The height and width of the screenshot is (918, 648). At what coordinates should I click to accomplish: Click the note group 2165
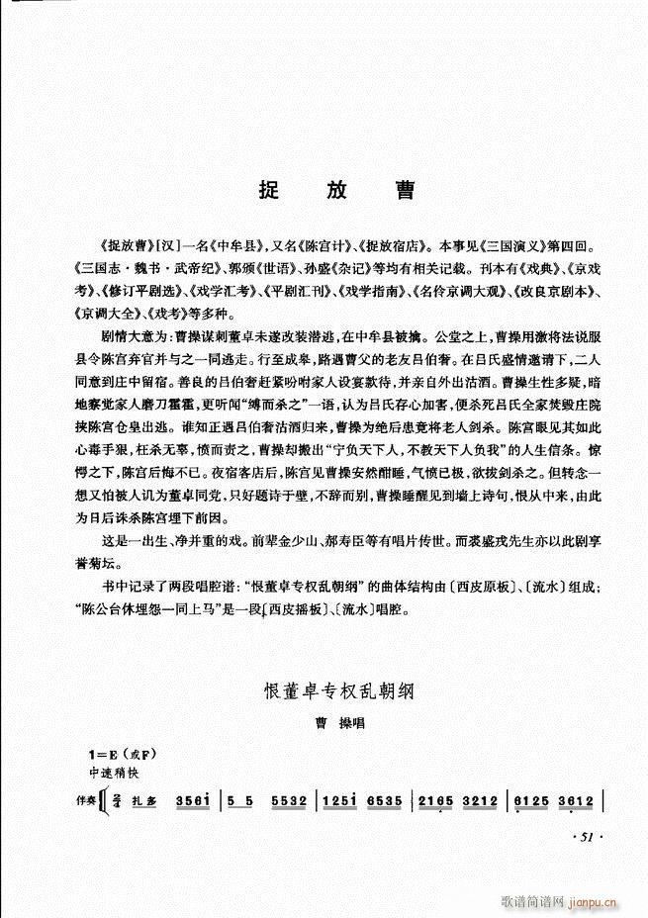pyautogui.click(x=434, y=799)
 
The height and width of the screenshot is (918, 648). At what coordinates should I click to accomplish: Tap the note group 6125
pyautogui.click(x=528, y=799)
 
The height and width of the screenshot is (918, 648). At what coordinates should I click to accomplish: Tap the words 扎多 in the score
pyautogui.click(x=145, y=800)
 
